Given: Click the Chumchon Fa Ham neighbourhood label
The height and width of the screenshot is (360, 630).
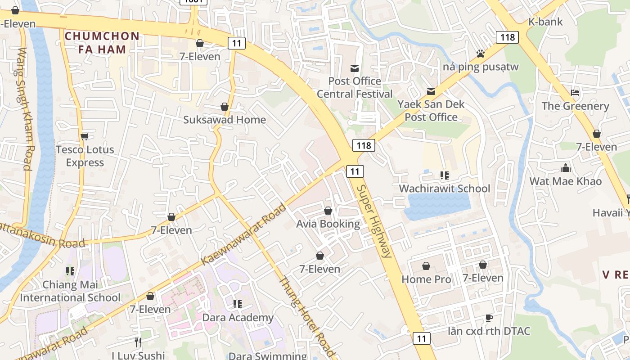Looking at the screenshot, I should tap(102, 43).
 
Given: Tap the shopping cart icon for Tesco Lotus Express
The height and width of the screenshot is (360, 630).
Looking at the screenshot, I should tap(84, 136).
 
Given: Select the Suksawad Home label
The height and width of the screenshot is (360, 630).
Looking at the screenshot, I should tap(225, 120).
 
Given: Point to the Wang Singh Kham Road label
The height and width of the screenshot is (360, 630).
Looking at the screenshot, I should tap(25, 109).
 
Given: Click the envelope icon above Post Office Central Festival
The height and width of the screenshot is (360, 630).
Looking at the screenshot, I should tap(355, 68).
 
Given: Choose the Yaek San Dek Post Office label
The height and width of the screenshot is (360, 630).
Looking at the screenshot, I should tap(431, 111).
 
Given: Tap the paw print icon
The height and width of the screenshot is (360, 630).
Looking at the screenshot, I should tap(481, 54).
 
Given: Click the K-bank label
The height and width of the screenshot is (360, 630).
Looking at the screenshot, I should tap(545, 22).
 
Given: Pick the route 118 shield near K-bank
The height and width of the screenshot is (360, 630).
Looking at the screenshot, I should tap(507, 37).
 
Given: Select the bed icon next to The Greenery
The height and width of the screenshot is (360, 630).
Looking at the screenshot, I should tap(575, 93).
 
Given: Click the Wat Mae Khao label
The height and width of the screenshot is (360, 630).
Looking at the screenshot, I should tap(565, 181).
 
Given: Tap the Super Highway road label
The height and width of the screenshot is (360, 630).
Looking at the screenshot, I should tap(373, 220).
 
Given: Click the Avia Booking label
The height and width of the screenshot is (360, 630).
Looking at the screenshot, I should tap(328, 224).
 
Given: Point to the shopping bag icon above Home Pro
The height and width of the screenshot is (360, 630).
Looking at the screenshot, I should tap(426, 266).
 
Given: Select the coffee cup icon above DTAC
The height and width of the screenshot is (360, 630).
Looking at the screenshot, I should tap(489, 318).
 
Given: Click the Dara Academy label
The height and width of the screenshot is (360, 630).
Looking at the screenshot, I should tap(238, 318).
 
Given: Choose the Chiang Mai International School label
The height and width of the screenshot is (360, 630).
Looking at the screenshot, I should tap(70, 291).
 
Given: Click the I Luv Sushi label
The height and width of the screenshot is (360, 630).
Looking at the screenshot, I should tap(138, 355).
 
